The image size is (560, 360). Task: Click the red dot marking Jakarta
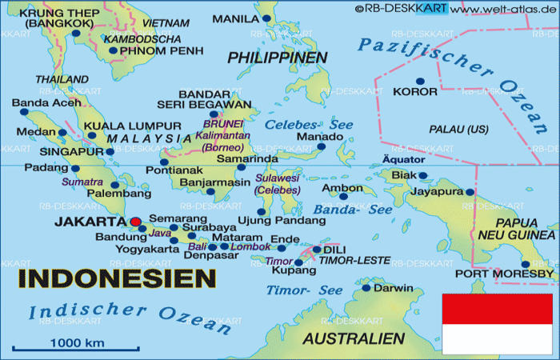(135, 222)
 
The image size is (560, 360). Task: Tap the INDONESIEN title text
(117, 278)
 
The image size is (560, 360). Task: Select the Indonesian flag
(497, 323)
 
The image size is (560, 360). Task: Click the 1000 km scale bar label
(78, 342)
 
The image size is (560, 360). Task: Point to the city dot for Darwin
(366, 288)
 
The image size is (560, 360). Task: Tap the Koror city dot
(420, 81)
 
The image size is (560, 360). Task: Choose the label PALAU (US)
(458, 129)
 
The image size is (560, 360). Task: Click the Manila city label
(236, 18)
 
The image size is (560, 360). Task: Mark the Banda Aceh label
(46, 102)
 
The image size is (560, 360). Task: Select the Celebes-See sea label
(298, 126)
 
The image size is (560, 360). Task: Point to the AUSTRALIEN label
(354, 338)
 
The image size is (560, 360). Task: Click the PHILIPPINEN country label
(277, 58)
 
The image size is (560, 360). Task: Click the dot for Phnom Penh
(113, 51)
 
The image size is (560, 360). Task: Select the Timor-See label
(293, 290)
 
